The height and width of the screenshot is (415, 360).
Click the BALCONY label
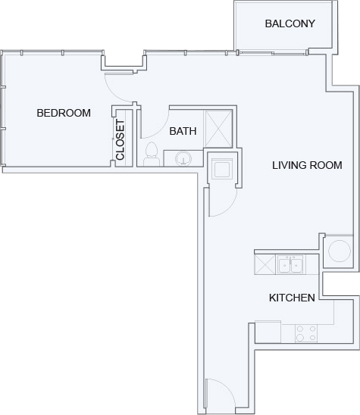pyautogui.click(x=290, y=23)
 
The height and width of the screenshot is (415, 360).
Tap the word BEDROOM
pyautogui.click(x=64, y=114)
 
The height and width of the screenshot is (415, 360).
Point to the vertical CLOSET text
pyautogui.click(x=121, y=142)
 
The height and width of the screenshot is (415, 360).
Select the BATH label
pyautogui.click(x=183, y=131)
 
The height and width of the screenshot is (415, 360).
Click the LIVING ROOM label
pyautogui.click(x=307, y=165)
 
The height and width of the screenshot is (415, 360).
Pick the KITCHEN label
pyautogui.click(x=292, y=298)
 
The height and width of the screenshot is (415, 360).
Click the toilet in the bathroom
pyautogui.click(x=152, y=154)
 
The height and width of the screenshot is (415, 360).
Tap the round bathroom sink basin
pyautogui.click(x=183, y=158)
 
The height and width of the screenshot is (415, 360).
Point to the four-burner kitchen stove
pyautogui.click(x=306, y=332)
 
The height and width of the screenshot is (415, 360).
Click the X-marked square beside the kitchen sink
pyautogui.click(x=266, y=265)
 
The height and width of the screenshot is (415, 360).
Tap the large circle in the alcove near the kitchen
pyautogui.click(x=338, y=250)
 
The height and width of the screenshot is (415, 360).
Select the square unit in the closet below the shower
pyautogui.click(x=222, y=169)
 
